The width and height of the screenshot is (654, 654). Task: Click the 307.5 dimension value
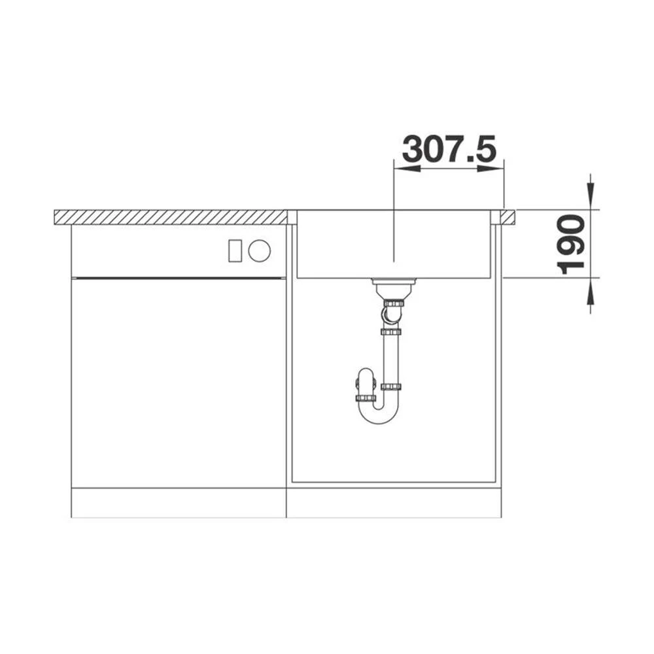point(449,149)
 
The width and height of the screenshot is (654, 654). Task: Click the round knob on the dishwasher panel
point(260,250)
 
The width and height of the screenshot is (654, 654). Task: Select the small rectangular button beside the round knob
point(235,250)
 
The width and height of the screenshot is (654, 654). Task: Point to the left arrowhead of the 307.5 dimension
point(407,169)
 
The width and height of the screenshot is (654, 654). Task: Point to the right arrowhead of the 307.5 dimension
point(491,169)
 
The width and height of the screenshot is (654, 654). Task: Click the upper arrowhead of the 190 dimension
point(590,196)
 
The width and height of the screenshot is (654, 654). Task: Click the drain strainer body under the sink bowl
point(393,287)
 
